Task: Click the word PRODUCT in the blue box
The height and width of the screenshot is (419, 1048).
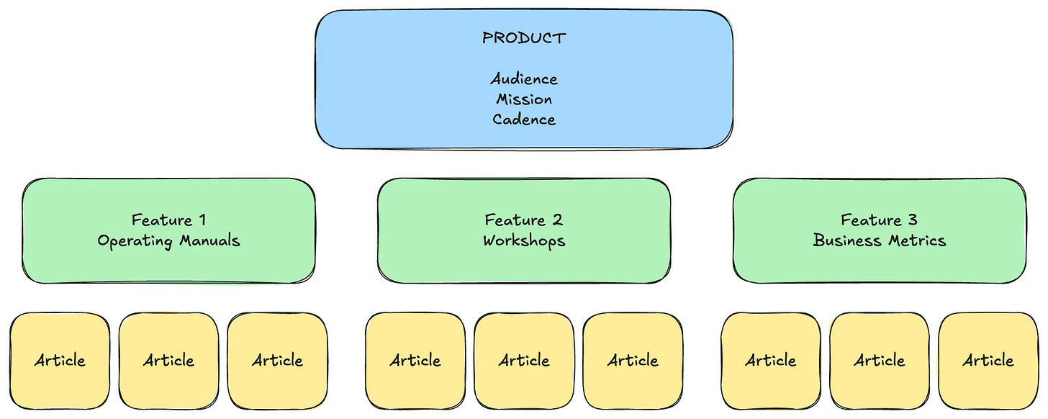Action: pos(524,38)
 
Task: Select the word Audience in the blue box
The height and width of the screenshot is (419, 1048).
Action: pos(524,78)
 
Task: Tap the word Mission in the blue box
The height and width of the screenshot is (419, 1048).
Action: pos(524,99)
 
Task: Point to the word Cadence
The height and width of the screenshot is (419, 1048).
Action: pos(524,119)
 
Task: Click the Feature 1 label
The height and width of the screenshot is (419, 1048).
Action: pos(168,220)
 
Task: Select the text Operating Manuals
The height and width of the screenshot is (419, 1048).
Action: pos(168,240)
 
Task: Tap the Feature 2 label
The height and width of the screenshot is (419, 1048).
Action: pos(524,220)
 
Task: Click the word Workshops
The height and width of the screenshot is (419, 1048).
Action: pos(524,240)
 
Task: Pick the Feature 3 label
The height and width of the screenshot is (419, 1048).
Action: pos(880,220)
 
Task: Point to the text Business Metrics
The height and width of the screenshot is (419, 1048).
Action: pos(880,240)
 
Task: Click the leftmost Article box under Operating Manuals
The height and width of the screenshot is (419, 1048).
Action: pos(60,360)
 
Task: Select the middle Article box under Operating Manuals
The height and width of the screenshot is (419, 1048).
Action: pos(168,360)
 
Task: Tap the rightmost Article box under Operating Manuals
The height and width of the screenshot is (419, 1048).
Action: pos(277,360)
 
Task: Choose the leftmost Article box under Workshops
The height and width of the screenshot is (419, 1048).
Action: pos(415,360)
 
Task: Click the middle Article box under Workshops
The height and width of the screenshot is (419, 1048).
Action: pos(524,360)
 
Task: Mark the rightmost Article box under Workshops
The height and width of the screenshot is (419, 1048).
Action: pos(633,360)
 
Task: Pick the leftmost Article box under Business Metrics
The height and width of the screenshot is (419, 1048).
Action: pos(771,360)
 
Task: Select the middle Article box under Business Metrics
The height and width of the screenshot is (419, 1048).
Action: pos(880,360)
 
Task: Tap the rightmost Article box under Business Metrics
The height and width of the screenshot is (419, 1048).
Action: pos(988,360)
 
